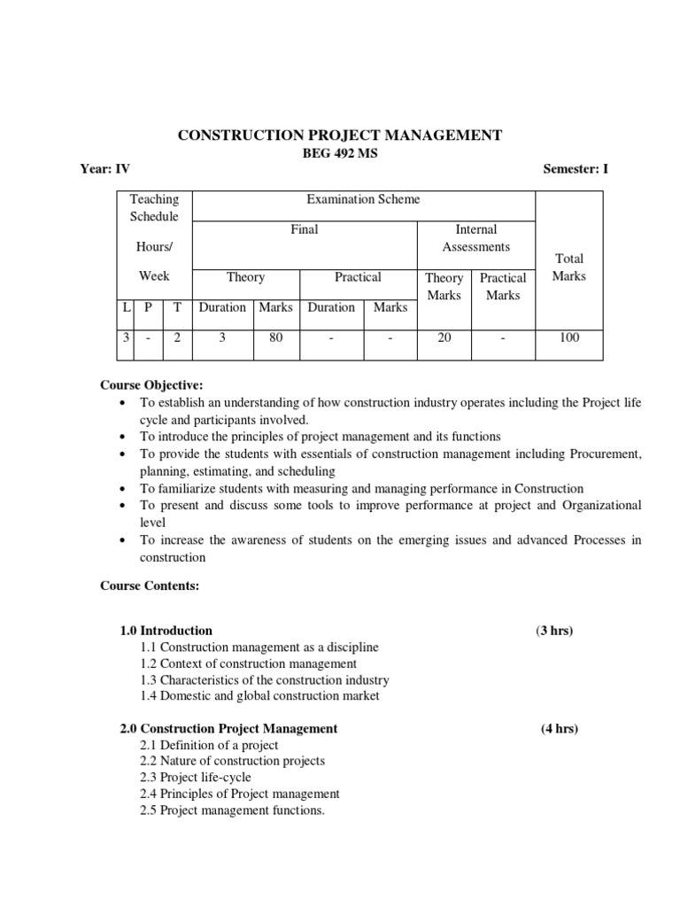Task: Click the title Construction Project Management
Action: [x=340, y=135]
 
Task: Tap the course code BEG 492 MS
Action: [x=340, y=152]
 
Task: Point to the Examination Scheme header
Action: [x=363, y=199]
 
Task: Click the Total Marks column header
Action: [x=568, y=267]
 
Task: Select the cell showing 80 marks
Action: [x=276, y=337]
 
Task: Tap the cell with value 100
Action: [x=568, y=337]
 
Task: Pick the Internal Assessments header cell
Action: [x=475, y=237]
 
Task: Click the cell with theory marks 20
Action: [x=444, y=337]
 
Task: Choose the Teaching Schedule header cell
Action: [x=154, y=208]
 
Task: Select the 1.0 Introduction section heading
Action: [x=166, y=631]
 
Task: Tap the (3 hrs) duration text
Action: [x=554, y=631]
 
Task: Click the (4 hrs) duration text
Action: [x=560, y=728]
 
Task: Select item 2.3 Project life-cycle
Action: [x=195, y=777]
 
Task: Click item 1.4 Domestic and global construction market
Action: [x=259, y=695]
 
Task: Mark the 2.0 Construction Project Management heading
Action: [x=228, y=728]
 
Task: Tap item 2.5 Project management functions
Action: [x=232, y=810]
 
